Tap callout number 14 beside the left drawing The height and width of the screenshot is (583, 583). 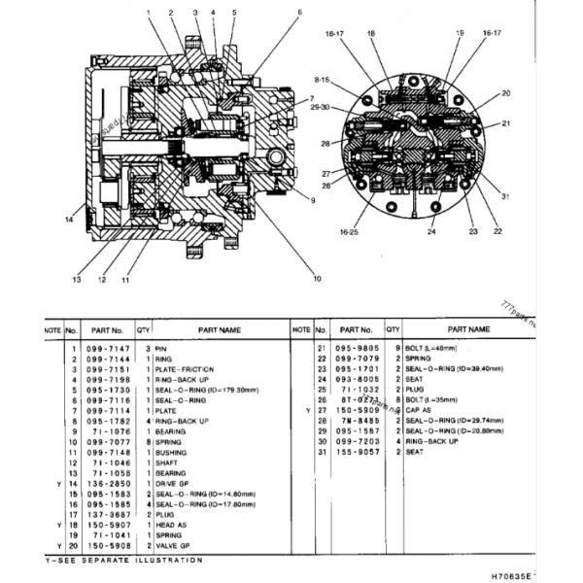[69, 220]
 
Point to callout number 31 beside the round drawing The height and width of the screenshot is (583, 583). [505, 197]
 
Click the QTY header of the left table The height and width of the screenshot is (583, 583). [144, 330]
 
